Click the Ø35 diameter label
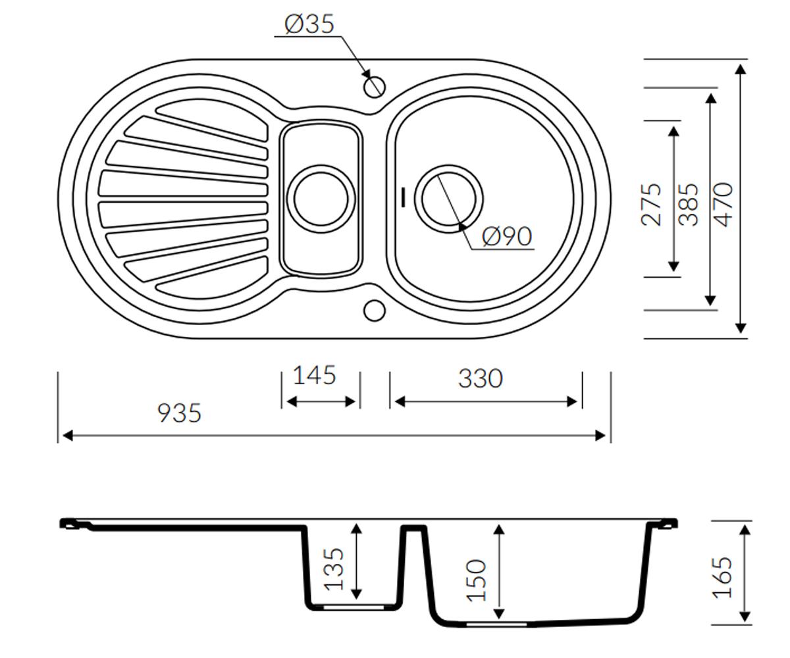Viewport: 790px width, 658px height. pos(309,24)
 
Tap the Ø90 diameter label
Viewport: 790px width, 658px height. pos(508,236)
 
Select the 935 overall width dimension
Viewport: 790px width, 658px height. pos(179,413)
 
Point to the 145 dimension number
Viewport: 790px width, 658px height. pos(315,375)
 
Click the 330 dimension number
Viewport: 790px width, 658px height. pos(481,378)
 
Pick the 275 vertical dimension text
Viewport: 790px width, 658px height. pos(652,205)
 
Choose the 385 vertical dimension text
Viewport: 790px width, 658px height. pos(688,205)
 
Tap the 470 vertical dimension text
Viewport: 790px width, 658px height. pos(724,205)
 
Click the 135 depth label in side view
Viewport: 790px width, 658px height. pos(334,569)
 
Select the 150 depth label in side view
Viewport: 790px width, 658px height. pos(476,580)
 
